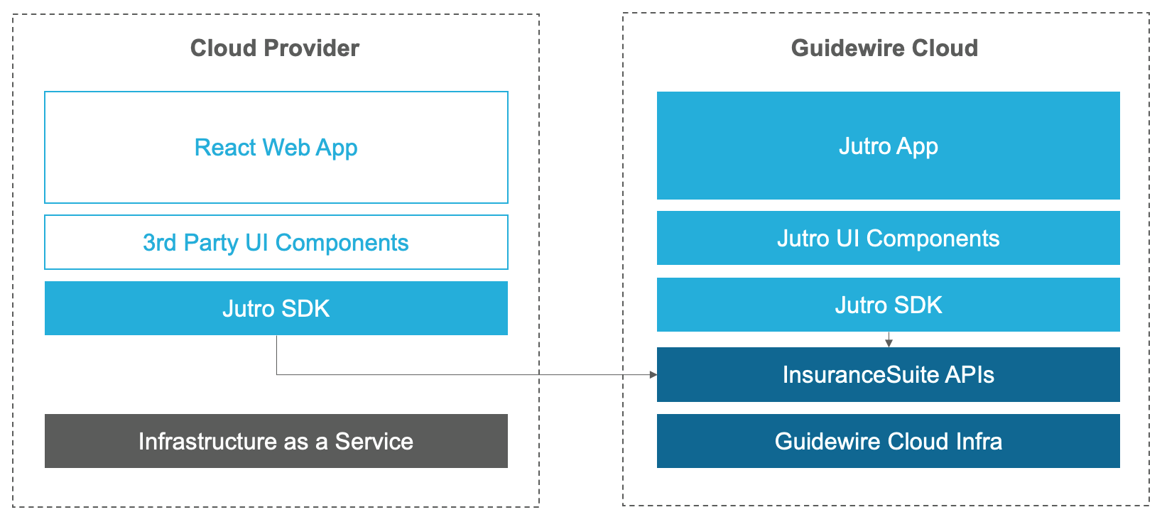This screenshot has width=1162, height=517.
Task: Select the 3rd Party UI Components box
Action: click(x=276, y=242)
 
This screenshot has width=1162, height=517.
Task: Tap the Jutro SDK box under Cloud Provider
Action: click(x=276, y=308)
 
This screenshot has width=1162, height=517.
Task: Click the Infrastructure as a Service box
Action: click(x=276, y=441)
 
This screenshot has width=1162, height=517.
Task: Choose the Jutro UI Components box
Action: click(x=888, y=238)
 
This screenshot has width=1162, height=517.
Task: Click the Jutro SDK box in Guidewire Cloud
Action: click(x=888, y=305)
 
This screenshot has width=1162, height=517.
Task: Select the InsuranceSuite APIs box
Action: click(x=888, y=374)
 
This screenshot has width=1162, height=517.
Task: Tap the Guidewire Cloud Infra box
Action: click(x=888, y=441)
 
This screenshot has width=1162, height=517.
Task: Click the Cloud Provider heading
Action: click(x=274, y=48)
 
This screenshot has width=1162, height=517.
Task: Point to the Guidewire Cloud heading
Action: click(x=884, y=48)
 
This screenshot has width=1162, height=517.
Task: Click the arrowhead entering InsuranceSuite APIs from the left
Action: click(x=653, y=374)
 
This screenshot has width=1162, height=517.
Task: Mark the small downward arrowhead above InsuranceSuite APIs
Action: click(x=889, y=343)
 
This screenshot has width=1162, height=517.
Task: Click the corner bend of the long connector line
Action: click(x=276, y=374)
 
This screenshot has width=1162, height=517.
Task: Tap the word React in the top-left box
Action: click(x=225, y=147)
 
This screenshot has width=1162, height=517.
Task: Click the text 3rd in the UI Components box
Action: click(x=159, y=242)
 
